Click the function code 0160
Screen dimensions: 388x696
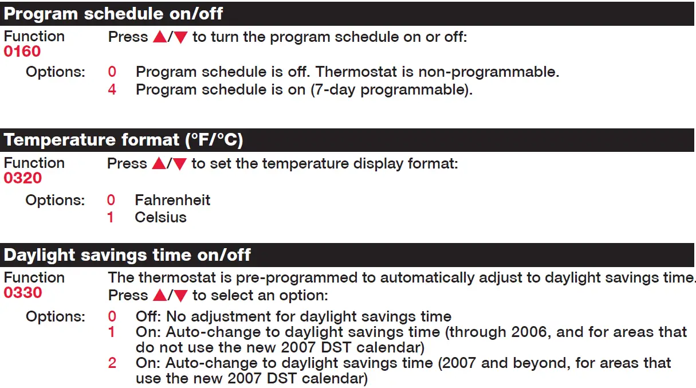tap(22, 52)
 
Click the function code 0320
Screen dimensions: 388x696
tap(22, 178)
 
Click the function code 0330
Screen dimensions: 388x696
tap(22, 293)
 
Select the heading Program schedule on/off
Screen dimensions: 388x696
tap(113, 13)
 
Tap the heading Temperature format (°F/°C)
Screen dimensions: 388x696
tap(123, 140)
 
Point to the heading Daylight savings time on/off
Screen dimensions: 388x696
tap(127, 254)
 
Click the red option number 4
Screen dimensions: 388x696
tap(112, 90)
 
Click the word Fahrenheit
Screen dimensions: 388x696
tap(172, 200)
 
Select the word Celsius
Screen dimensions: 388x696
tap(160, 217)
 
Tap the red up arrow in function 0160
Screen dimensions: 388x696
tap(159, 37)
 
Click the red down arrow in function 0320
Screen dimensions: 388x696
tap(180, 164)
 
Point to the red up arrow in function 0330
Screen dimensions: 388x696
tap(159, 296)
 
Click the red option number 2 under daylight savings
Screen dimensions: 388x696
tap(112, 363)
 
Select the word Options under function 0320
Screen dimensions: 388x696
tap(55, 200)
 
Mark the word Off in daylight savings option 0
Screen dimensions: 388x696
tap(148, 316)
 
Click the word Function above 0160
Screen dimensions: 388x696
tap(34, 36)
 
